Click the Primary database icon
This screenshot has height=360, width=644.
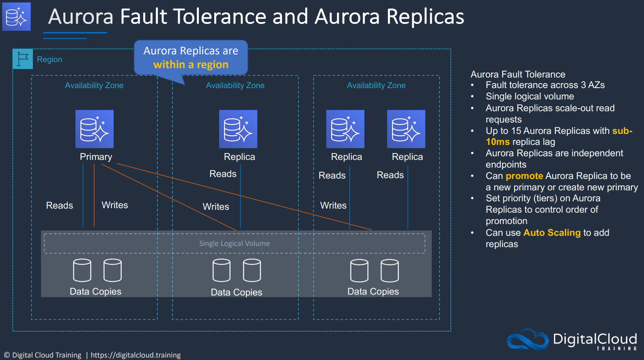tap(94, 129)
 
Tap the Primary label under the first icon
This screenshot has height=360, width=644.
tap(96, 157)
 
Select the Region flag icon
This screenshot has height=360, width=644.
tap(23, 59)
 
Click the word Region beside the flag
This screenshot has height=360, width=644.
tap(50, 59)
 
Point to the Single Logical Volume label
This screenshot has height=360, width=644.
tap(234, 244)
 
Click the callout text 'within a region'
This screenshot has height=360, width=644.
tap(191, 65)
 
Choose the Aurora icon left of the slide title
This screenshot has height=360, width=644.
tap(16, 16)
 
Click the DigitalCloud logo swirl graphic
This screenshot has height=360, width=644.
tap(528, 339)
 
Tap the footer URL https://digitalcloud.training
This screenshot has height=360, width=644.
tap(136, 355)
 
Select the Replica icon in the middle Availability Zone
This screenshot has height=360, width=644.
tap(238, 129)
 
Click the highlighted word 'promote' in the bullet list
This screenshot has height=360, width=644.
tap(524, 176)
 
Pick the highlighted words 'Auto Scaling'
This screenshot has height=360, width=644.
tap(552, 233)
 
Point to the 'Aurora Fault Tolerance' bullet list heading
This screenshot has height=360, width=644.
tap(518, 74)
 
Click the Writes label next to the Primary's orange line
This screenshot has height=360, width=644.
tap(115, 205)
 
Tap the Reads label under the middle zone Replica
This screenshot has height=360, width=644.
tap(223, 174)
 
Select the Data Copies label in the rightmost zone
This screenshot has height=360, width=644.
tap(373, 291)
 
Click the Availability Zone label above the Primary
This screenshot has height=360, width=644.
tap(94, 85)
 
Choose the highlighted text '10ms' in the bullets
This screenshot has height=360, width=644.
tap(498, 142)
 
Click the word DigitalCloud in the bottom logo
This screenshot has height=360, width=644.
tap(595, 339)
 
